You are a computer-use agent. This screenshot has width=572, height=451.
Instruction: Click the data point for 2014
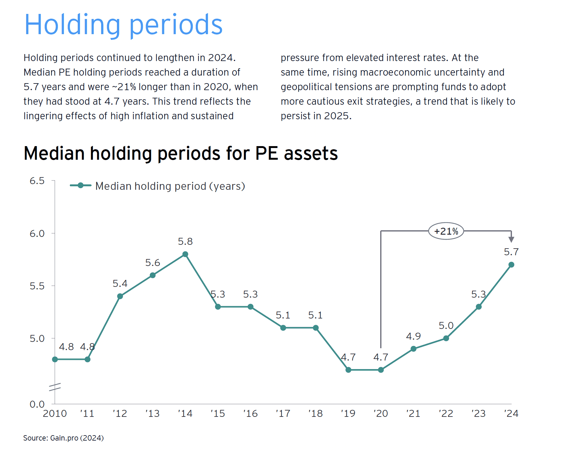(185, 254)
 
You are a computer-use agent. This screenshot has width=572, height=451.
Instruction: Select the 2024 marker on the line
(511, 265)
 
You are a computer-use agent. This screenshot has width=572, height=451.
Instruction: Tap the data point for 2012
(120, 296)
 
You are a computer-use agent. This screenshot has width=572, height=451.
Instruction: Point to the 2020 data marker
(381, 370)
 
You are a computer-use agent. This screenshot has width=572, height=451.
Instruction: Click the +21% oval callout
(446, 231)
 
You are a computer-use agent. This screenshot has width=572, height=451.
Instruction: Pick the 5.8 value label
(185, 242)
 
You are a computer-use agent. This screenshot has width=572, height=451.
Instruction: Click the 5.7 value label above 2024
(511, 252)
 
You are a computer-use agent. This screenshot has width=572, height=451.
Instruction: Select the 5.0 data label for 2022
(446, 325)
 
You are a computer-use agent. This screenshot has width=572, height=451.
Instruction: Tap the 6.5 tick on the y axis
(37, 181)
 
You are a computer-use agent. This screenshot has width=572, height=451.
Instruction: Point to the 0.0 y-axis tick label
(37, 404)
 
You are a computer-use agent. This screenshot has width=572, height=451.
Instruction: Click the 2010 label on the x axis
(55, 414)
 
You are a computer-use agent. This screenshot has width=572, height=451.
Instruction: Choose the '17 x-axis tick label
(283, 414)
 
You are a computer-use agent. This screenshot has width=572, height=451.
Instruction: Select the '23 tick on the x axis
(478, 414)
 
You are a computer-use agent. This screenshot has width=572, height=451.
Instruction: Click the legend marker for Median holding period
(81, 185)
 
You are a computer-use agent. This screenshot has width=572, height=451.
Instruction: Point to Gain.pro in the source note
(64, 438)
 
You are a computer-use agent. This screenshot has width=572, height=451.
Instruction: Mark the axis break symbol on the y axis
(55, 387)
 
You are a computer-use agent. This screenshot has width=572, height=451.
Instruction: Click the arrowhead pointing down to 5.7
(511, 239)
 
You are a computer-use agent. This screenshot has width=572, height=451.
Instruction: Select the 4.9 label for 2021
(413, 336)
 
